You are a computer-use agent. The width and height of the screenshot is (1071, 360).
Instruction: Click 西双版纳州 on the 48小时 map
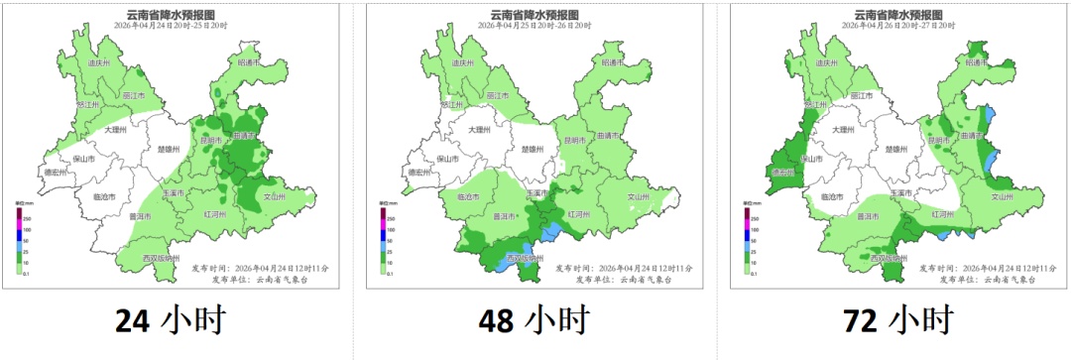525,258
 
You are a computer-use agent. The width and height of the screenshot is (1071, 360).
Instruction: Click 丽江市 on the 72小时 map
861,95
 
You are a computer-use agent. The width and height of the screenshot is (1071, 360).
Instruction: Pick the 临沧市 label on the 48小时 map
467,196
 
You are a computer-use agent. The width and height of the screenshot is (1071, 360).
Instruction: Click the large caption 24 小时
170,320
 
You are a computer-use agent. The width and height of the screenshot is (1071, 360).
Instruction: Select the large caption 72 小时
897,320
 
